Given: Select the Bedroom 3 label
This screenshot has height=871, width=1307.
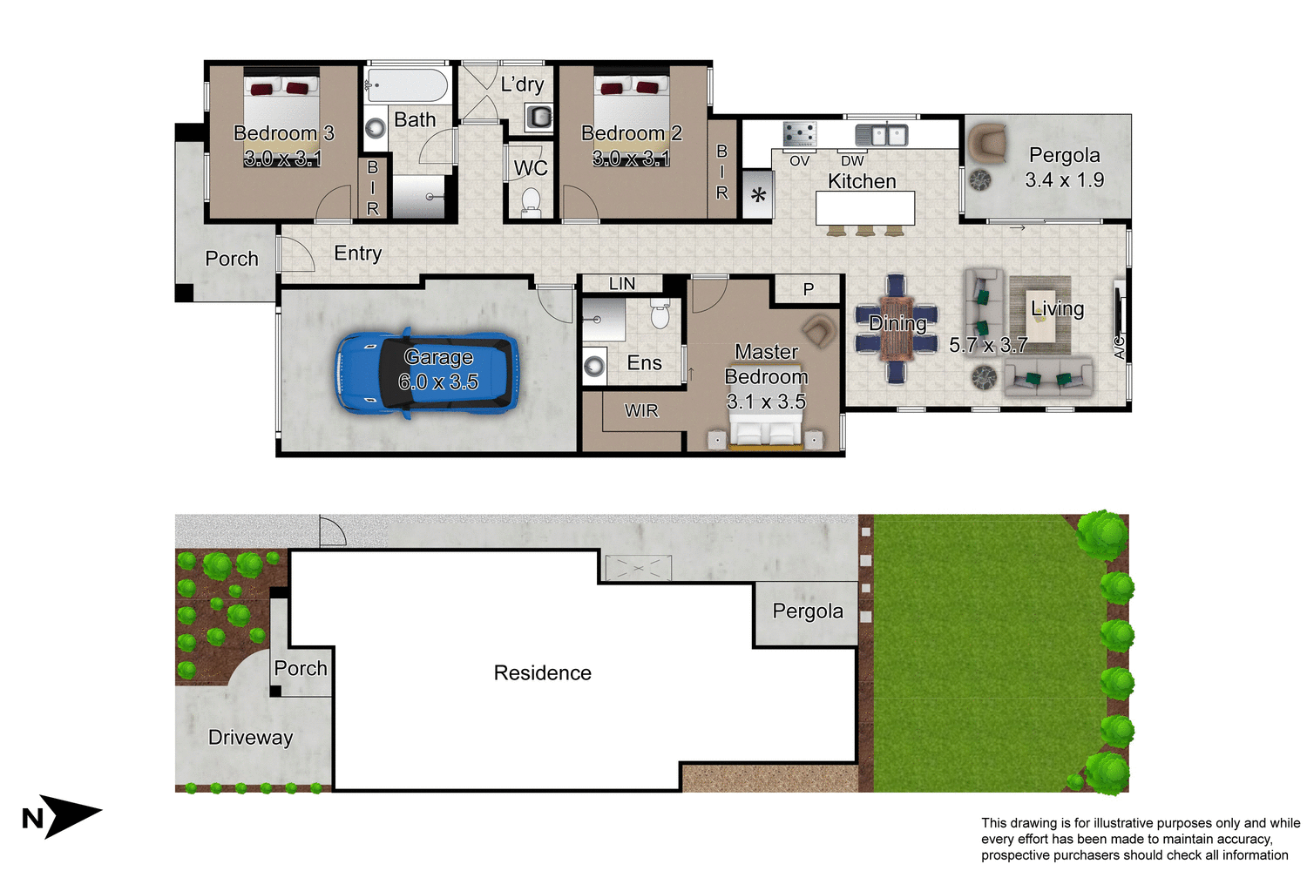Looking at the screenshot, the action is [283, 133].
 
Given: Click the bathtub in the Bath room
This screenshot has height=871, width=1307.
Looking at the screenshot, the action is [407, 85].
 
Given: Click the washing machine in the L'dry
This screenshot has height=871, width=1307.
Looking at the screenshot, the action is [539, 117].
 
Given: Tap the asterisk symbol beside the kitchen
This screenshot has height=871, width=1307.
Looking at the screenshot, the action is [758, 195].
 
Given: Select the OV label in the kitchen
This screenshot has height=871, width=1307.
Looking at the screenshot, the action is [799, 161].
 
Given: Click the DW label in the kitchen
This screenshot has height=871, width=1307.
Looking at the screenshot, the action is [852, 161].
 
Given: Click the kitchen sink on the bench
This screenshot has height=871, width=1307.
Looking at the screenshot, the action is [881, 135].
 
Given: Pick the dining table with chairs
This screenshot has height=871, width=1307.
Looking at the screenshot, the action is [897, 329].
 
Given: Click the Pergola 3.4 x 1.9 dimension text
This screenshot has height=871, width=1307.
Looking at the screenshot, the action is [1064, 180].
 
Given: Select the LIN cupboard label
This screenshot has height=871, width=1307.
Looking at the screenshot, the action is [622, 284].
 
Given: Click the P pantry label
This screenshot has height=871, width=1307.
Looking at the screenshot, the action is [809, 289].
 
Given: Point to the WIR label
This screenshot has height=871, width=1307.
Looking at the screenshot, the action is [641, 411].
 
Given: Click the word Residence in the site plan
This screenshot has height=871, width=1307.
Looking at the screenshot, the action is [542, 673].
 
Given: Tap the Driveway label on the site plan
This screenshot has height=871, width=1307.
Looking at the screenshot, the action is [250, 738].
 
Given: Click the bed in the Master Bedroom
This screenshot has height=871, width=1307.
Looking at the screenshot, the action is [766, 430].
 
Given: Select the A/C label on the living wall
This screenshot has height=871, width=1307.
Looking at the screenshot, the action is [1120, 347].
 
